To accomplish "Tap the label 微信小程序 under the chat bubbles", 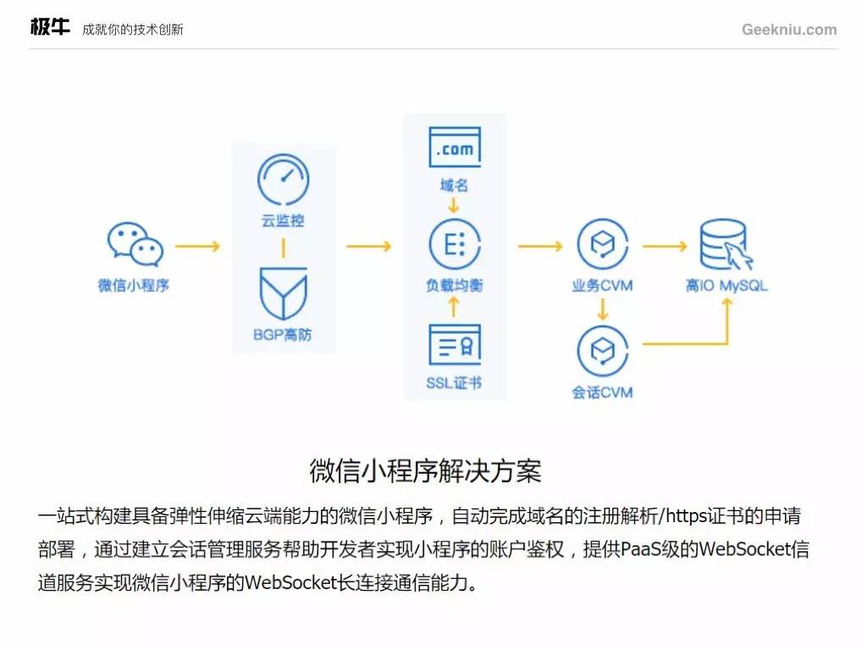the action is tap(134, 286).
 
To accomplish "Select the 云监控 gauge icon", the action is tap(283, 179).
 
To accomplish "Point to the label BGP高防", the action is tap(283, 335).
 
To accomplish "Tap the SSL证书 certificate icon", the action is tap(455, 345).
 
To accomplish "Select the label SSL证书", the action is tap(455, 383).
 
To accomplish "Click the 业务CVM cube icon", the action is tap(602, 244).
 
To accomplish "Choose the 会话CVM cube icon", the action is tap(602, 350).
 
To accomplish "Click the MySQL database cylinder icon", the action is tap(725, 245).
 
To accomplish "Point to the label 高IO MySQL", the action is tap(726, 286).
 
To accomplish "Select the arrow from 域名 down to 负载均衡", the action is tap(454, 205).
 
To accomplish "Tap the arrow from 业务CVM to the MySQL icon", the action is tap(664, 247).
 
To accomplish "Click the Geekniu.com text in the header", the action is tap(789, 30).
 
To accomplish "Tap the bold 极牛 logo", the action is tap(50, 28).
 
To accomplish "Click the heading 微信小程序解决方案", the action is tap(425, 470).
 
